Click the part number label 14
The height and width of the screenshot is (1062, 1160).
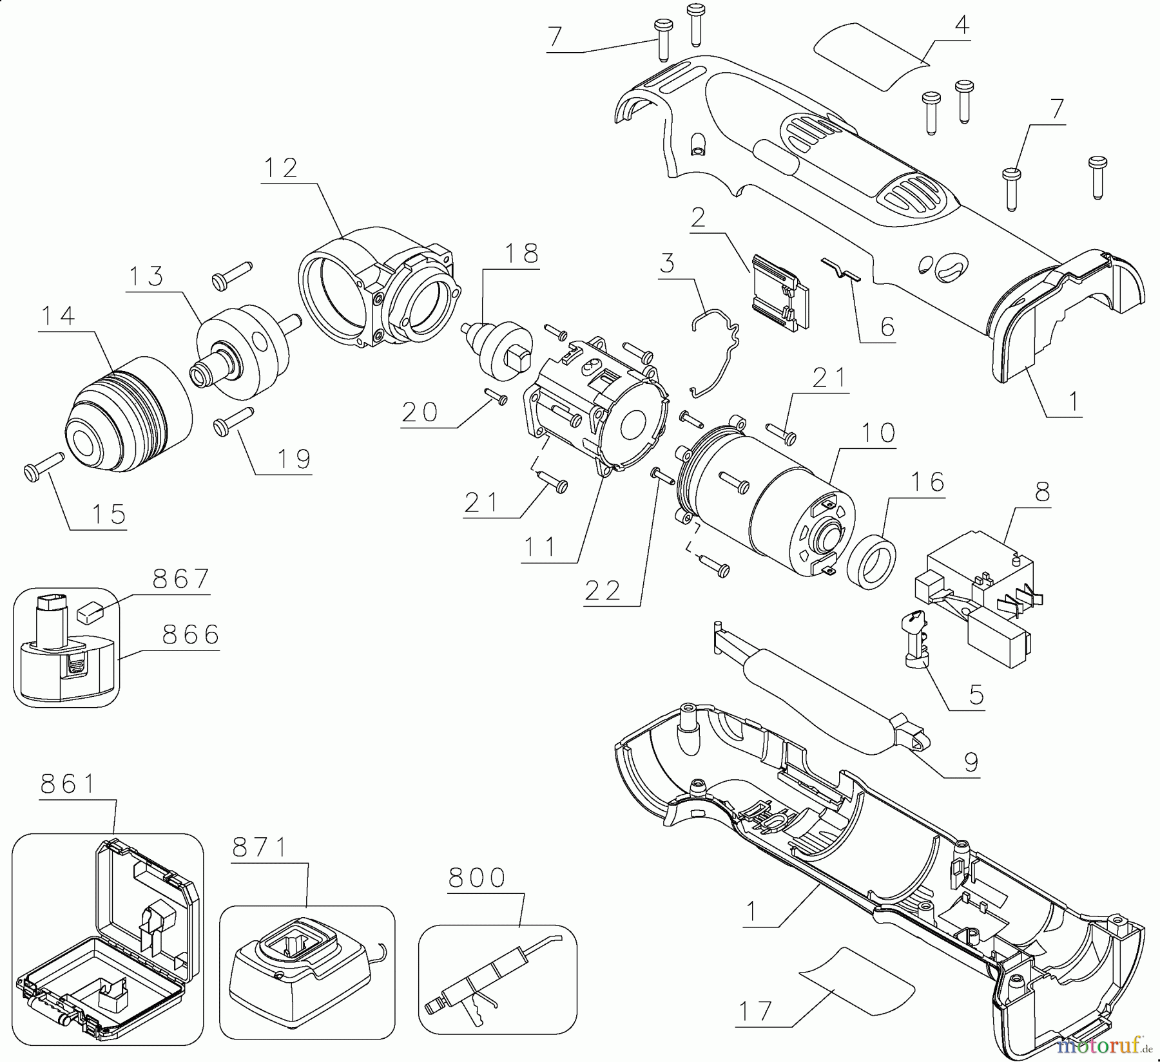(57, 317)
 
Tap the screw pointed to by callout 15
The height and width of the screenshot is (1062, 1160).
(42, 464)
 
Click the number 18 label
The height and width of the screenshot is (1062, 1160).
(522, 254)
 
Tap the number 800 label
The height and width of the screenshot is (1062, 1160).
(476, 878)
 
